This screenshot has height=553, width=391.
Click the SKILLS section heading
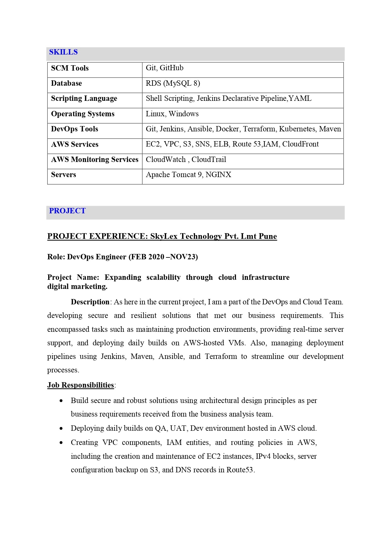63,52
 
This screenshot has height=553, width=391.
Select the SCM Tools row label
70,68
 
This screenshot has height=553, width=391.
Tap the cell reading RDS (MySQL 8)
173,83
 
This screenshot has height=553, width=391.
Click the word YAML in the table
300,98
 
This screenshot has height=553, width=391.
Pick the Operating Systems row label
83,114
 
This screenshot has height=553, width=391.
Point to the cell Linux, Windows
172,114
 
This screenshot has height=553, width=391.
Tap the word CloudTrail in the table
209,159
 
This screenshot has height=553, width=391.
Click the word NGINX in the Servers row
218,175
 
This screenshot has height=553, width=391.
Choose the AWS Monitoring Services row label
95,159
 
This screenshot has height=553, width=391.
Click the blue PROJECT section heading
67,211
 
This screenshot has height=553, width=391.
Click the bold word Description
90,302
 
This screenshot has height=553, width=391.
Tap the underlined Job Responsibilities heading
80,385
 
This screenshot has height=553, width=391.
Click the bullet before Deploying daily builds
61,429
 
